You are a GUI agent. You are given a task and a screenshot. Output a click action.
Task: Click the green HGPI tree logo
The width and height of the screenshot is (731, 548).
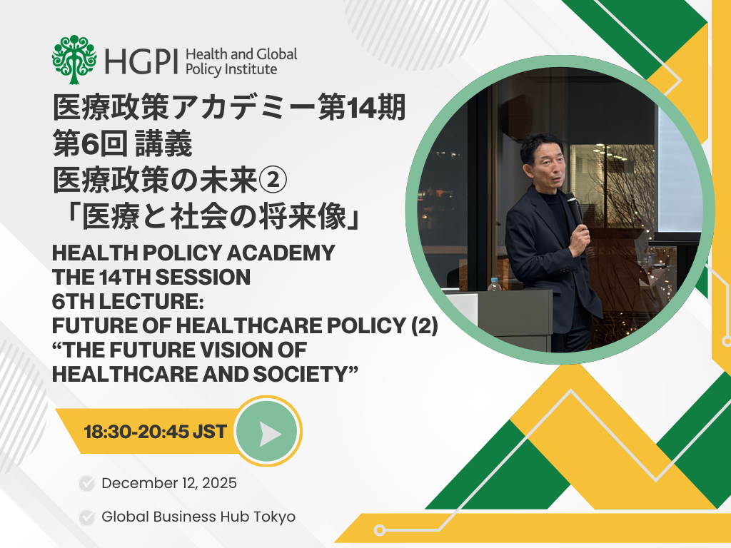click(x=74, y=60)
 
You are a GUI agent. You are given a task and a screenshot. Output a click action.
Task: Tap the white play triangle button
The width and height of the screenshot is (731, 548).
click(x=269, y=432)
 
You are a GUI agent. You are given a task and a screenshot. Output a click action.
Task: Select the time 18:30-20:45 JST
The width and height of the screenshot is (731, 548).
click(x=155, y=432)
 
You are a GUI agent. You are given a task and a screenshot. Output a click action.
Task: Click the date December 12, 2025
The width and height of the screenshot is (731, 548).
click(x=169, y=483)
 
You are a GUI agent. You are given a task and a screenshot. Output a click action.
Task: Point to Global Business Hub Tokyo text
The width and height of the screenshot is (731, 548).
click(x=198, y=517)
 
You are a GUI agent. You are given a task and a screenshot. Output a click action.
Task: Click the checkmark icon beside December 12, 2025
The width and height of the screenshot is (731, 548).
click(x=87, y=484)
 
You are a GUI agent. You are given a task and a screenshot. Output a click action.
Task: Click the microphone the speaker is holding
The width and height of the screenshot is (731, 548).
click(x=575, y=207)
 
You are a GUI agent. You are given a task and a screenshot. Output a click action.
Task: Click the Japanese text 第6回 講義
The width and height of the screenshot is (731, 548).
click(x=123, y=146)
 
